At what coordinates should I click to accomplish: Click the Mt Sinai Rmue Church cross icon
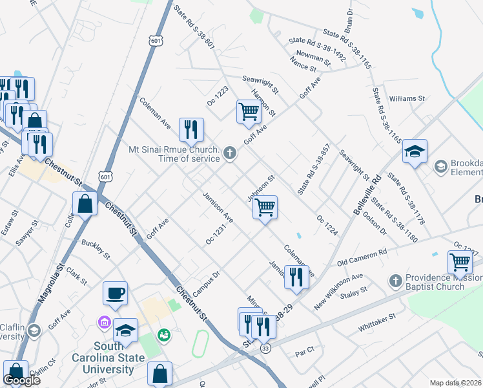229,153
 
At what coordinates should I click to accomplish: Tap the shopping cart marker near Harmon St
249,111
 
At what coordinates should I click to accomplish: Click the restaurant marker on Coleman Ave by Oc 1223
191,129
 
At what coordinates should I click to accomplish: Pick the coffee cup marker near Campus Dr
116,293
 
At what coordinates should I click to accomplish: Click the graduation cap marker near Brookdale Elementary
415,152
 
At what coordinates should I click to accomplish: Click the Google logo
21,380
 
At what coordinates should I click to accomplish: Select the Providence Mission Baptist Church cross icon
396,281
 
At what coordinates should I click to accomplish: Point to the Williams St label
407,99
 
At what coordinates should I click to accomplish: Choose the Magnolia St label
49,283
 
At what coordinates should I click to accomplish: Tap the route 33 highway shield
265,349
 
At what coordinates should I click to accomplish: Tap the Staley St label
354,293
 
